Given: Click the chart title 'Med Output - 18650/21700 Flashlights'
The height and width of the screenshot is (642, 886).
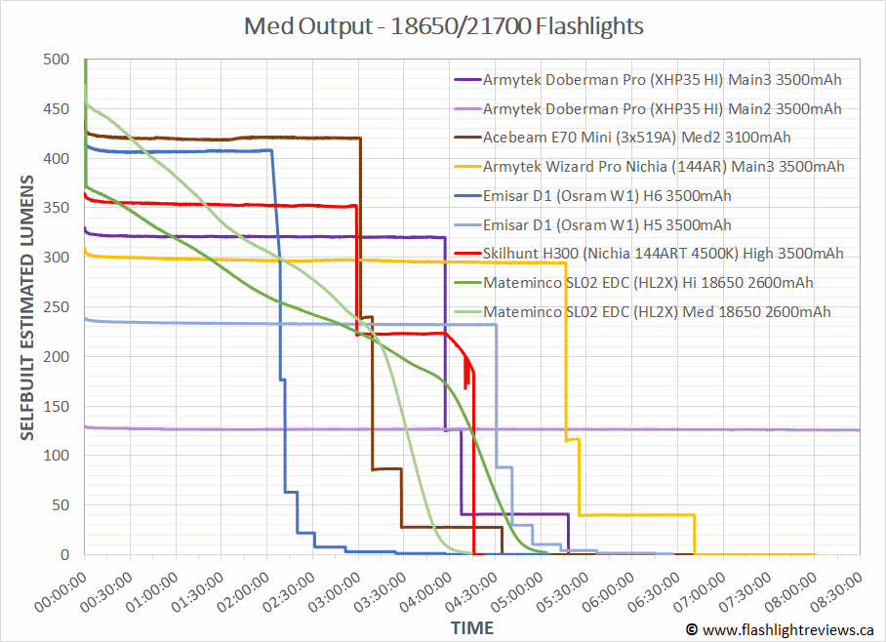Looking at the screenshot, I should (443, 26).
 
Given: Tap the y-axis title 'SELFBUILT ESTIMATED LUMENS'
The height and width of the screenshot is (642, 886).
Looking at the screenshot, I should (28, 307).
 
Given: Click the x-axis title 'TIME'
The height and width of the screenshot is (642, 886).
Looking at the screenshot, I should (471, 627).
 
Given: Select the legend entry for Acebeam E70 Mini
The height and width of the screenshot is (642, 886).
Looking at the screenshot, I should (636, 138).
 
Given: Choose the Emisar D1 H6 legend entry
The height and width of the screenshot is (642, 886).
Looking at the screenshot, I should (606, 196).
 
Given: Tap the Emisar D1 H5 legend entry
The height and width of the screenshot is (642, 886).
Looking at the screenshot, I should (606, 225).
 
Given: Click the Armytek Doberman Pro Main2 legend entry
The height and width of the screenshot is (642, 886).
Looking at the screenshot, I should (662, 108).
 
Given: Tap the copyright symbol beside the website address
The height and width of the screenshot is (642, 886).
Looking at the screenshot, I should (692, 630).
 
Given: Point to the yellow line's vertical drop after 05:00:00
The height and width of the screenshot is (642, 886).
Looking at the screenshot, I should (566, 351).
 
